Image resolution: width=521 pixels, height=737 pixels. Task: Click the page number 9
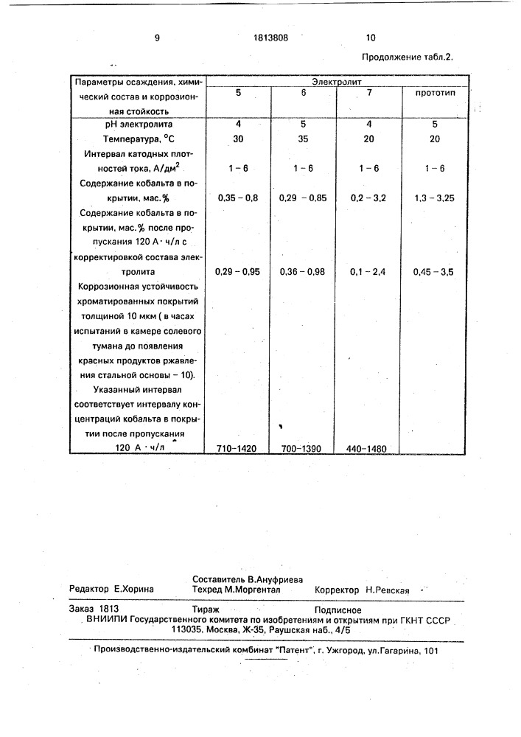pos(157,38)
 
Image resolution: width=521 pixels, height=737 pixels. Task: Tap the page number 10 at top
pos(370,38)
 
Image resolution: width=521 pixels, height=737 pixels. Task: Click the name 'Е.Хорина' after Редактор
pos(134,590)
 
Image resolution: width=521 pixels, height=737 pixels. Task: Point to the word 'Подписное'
pos(337,609)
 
